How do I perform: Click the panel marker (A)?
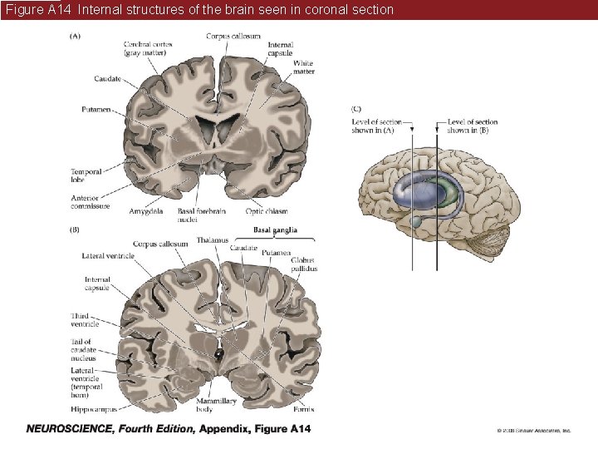coord(75,36)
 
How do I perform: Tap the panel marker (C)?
coord(357,107)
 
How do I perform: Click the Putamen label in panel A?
coord(96,109)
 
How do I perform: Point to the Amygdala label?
coord(146,212)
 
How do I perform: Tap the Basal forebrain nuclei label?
coord(198,216)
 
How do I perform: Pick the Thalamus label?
coord(212,240)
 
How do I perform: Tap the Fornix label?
coord(303,409)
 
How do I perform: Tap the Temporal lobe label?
coord(86,175)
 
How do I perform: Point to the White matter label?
coord(303,67)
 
